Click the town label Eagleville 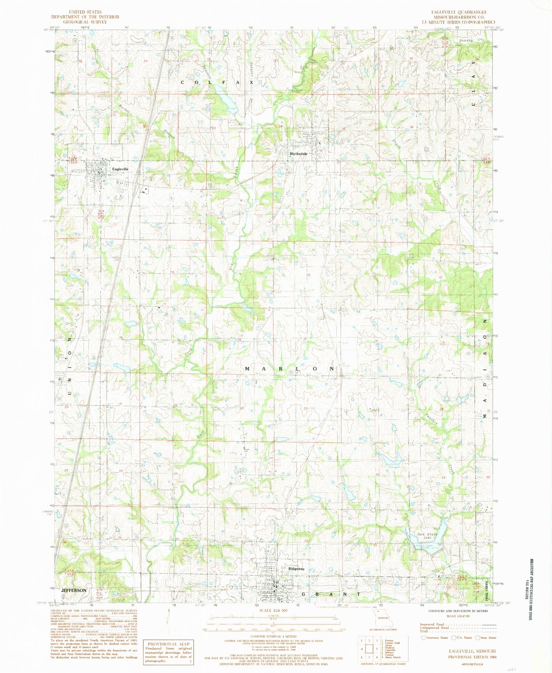pyautogui.click(x=120, y=169)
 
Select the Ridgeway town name pyautogui.click(x=296, y=568)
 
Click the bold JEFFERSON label pyautogui.click(x=73, y=590)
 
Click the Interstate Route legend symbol pyautogui.click(x=423, y=637)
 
